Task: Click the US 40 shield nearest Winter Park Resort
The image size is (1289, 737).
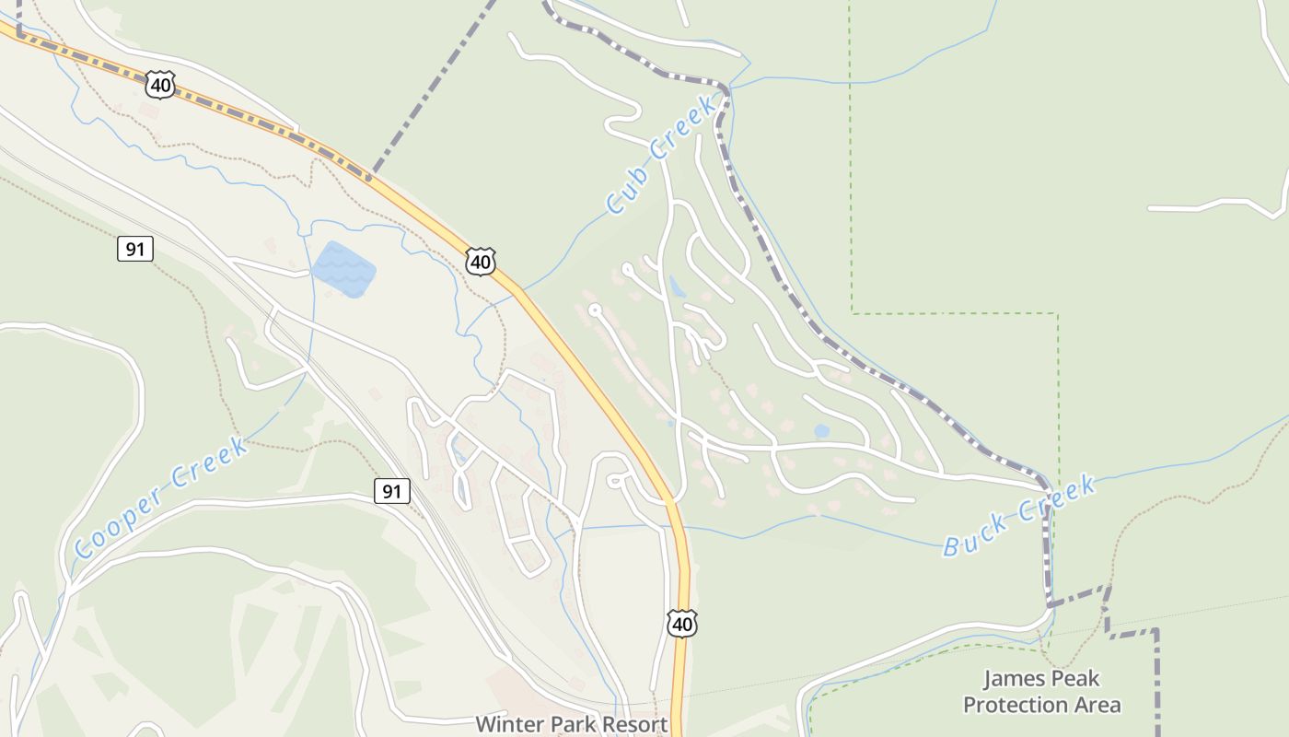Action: click(681, 624)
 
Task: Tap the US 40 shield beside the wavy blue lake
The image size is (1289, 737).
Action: click(480, 262)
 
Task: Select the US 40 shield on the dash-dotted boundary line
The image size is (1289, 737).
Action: click(159, 86)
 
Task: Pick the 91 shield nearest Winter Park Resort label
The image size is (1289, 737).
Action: click(392, 491)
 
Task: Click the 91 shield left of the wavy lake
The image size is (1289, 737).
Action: click(134, 249)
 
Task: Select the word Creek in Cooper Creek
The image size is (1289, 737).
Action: click(210, 465)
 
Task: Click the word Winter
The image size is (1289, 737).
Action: click(507, 724)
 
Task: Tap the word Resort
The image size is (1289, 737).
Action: click(635, 724)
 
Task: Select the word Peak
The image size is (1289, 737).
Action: click(1077, 679)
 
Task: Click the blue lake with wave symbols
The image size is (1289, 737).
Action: click(343, 269)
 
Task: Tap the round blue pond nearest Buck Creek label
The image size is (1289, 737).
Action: click(821, 430)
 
